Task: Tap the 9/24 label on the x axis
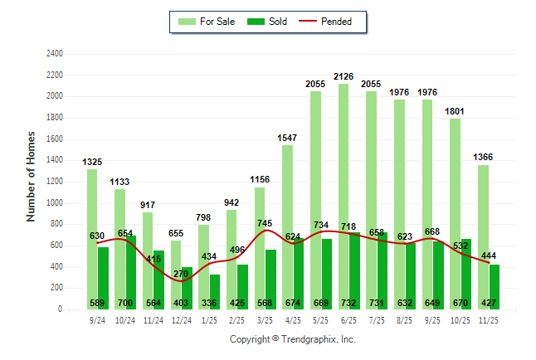(x=97, y=320)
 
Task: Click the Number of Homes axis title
(x=31, y=176)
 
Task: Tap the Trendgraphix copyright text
(x=292, y=340)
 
